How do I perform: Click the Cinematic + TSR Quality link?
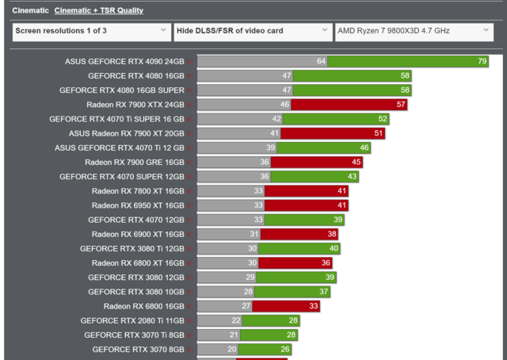(x=98, y=10)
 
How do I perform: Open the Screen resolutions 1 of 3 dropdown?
(x=90, y=32)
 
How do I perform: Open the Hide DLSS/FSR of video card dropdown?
(x=252, y=32)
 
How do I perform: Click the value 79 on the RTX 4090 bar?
(x=482, y=61)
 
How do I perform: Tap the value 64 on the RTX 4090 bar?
(x=321, y=61)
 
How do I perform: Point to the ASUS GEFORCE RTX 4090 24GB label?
(x=124, y=61)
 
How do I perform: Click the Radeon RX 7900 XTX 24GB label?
(x=135, y=104)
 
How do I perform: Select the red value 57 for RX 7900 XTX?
(x=401, y=104)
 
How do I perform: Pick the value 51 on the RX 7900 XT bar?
(x=379, y=133)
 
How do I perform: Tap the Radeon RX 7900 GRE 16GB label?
(x=134, y=162)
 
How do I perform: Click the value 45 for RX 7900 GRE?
(x=356, y=162)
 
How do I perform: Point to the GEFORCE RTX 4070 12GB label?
(x=135, y=220)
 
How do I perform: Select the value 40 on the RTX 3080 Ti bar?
(x=334, y=248)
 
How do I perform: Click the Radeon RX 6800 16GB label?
(x=143, y=306)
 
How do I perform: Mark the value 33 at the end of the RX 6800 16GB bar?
(x=314, y=306)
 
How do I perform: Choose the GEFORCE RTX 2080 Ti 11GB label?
(x=132, y=320)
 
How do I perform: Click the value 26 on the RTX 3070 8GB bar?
(x=285, y=349)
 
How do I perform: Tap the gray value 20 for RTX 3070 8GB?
(x=232, y=349)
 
